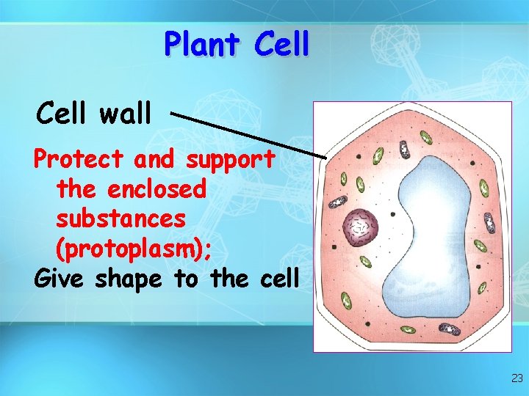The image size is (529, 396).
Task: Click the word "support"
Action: coord(231,158)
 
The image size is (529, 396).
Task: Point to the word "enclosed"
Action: coord(156,189)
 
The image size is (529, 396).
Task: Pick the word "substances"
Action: coord(121,219)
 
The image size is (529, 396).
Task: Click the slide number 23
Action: coord(517,379)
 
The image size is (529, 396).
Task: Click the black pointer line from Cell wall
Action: coord(250,136)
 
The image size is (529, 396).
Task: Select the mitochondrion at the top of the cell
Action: coord(404,149)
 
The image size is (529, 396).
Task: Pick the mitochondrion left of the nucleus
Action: coord(338,202)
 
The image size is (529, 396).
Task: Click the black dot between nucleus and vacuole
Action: coord(393,214)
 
